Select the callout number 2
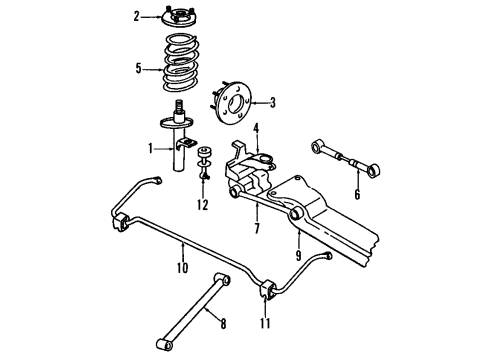137,16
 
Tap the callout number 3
271,102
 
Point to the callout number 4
256,128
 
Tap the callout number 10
182,268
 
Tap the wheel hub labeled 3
236,101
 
